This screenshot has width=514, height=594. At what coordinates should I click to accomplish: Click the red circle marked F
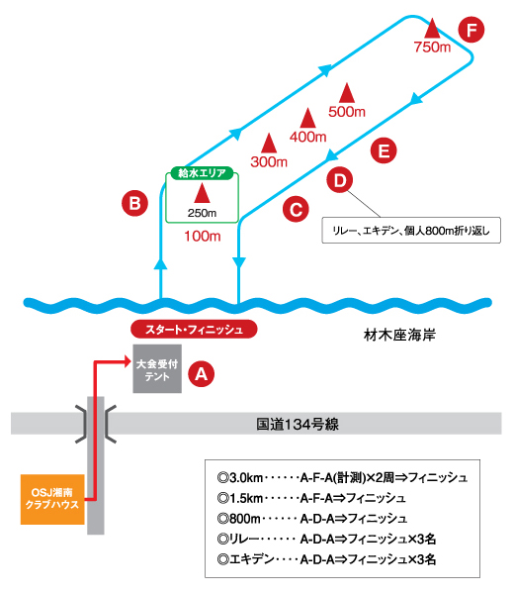click(x=471, y=30)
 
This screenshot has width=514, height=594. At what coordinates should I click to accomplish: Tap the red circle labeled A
click(x=202, y=374)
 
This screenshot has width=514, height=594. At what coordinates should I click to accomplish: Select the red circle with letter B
click(x=134, y=203)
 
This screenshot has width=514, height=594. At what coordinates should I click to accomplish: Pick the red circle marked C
click(x=296, y=209)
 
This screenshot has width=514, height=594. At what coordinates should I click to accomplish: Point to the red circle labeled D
click(x=340, y=179)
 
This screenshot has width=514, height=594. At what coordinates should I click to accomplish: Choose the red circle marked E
click(x=384, y=150)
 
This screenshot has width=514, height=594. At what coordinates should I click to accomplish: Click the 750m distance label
click(x=432, y=48)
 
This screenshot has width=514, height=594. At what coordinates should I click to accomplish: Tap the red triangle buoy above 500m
click(x=347, y=93)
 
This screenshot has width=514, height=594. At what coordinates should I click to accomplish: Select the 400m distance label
click(x=307, y=137)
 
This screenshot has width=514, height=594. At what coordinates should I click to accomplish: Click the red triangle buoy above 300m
click(x=269, y=144)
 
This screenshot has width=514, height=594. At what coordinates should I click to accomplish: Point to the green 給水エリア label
click(x=202, y=173)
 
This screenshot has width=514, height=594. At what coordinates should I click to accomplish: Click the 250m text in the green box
click(x=202, y=213)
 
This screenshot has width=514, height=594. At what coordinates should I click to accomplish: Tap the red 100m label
click(x=203, y=237)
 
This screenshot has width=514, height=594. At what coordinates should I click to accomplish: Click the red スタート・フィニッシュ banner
click(x=194, y=330)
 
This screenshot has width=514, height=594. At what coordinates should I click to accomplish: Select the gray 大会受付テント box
click(x=157, y=368)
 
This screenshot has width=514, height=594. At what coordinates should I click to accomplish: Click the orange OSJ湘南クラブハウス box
click(x=52, y=499)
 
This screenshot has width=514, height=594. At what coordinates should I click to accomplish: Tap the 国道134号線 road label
click(x=298, y=425)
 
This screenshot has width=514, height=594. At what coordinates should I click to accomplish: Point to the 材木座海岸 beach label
click(x=399, y=336)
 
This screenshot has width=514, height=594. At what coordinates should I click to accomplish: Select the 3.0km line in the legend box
click(x=342, y=478)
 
